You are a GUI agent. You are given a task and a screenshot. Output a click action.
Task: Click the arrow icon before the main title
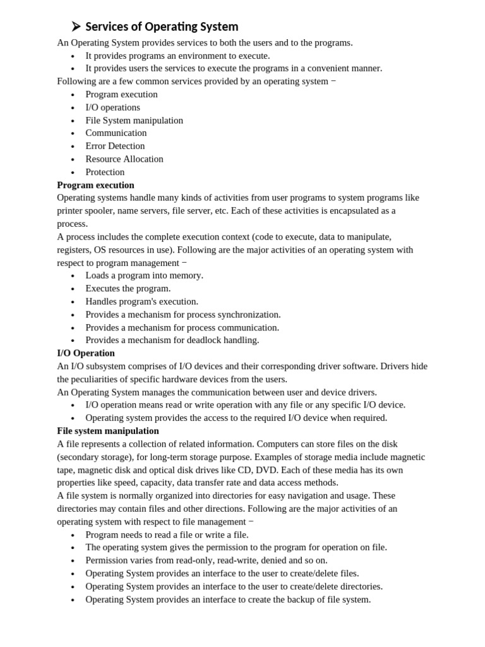[x=76, y=26]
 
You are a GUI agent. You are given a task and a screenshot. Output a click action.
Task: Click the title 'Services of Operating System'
[x=162, y=27]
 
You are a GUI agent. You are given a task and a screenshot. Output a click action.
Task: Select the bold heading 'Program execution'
[x=95, y=185]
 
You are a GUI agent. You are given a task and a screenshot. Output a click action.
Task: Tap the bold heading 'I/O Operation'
[x=86, y=353]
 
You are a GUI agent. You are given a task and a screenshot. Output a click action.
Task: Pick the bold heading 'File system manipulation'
[x=108, y=431]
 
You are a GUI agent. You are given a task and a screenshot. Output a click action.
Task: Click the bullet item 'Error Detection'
[x=115, y=146]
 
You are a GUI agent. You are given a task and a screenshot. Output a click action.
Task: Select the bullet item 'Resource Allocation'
[x=124, y=159]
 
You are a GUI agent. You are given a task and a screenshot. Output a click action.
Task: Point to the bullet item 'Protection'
[x=105, y=172]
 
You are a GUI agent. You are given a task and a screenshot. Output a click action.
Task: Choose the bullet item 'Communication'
[x=116, y=133]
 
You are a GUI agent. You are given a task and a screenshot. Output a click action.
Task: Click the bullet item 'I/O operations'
[x=113, y=107]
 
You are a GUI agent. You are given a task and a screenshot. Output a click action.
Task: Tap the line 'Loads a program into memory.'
[x=145, y=275]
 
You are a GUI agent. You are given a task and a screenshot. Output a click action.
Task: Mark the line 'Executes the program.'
[x=128, y=289]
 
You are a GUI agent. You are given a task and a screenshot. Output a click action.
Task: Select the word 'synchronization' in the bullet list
[x=248, y=315]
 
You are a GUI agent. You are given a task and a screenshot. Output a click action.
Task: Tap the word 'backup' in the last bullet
[x=303, y=600]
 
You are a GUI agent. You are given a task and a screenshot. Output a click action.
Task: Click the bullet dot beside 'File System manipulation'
[x=73, y=121]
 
